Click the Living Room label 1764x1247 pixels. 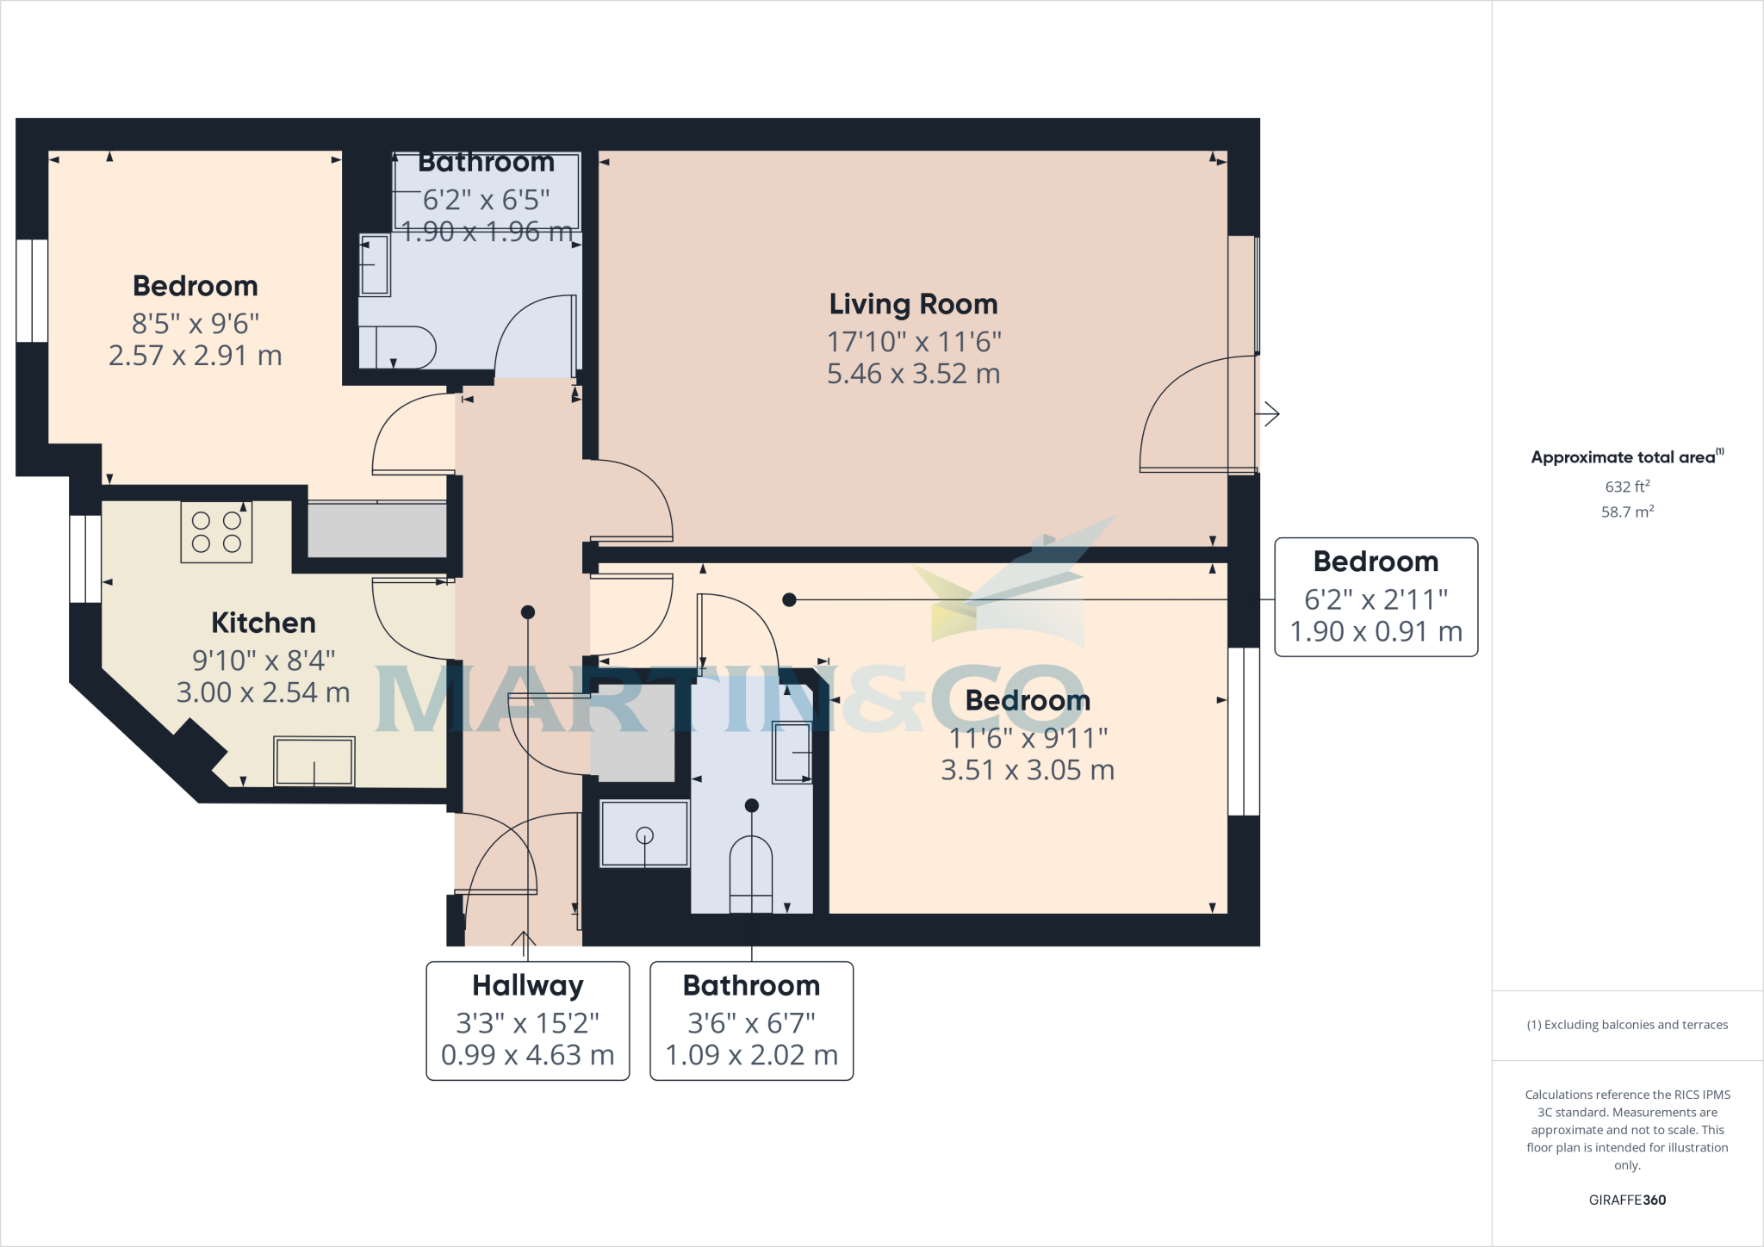point(913,304)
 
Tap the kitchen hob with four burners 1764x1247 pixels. point(216,532)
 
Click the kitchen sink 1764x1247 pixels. point(314,761)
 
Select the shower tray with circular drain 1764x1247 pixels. point(644,834)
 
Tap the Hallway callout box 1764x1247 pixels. point(528,1021)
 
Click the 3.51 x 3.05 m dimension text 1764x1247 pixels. point(1027,770)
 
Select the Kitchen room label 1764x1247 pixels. point(264,623)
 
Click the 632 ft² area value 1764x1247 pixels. point(1627,487)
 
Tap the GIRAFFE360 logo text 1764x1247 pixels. point(1627,1200)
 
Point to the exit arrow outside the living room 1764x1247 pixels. point(1268,414)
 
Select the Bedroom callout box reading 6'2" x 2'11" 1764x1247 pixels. point(1376,598)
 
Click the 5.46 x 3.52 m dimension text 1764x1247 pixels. point(913,374)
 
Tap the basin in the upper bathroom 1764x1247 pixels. point(375,265)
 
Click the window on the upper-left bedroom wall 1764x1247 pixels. point(32,290)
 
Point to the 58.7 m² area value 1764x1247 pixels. point(1627,512)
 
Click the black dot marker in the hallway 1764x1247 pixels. point(528,612)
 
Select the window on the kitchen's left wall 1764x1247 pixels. point(85,559)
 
